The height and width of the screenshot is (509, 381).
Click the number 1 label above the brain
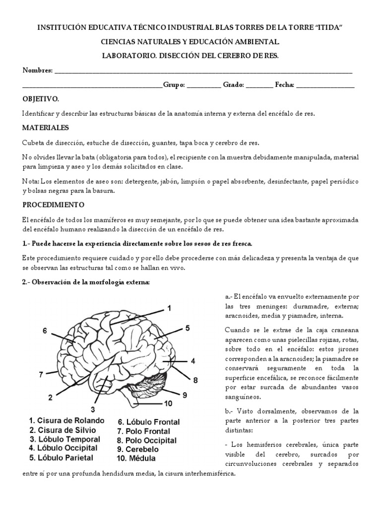click(x=169, y=308)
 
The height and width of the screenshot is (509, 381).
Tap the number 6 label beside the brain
click(x=45, y=331)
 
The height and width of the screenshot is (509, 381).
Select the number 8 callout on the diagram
click(x=195, y=380)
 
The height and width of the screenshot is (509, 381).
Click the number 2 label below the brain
click(x=50, y=397)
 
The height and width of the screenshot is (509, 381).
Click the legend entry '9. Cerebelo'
click(x=139, y=449)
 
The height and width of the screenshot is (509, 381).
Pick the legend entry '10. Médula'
click(x=136, y=458)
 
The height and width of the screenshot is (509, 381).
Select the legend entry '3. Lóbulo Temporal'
click(x=64, y=439)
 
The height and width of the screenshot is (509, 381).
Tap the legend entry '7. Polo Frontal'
click(x=143, y=431)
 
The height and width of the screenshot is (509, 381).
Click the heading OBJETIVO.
click(x=41, y=99)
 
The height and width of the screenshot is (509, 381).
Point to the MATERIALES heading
click(x=46, y=128)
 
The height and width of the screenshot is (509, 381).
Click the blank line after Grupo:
click(x=204, y=85)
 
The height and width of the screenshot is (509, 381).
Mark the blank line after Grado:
click(x=259, y=85)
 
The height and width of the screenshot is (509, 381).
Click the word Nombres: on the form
click(x=37, y=71)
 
